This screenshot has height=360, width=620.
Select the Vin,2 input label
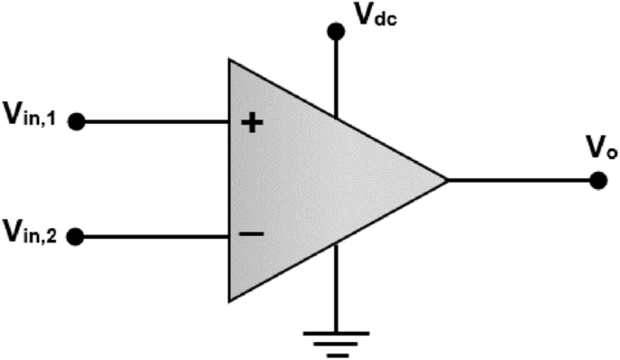[33, 237]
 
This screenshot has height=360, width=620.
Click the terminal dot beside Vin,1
[77, 120]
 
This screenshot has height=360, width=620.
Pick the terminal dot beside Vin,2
[77, 238]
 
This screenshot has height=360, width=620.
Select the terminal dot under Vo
[596, 179]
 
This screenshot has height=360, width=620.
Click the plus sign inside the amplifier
[254, 122]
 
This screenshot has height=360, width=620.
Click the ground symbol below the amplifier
[336, 343]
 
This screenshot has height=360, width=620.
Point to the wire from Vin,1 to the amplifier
[154, 120]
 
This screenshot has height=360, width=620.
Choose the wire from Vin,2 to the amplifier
[154, 238]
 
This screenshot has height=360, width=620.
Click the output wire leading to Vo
[520, 179]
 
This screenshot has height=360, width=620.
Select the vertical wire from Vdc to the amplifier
[336, 77]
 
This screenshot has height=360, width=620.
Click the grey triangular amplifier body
[317, 179]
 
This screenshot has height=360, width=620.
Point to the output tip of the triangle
[447, 179]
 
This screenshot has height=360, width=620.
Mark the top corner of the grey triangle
[231, 62]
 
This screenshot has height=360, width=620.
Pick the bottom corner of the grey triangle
[231, 298]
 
